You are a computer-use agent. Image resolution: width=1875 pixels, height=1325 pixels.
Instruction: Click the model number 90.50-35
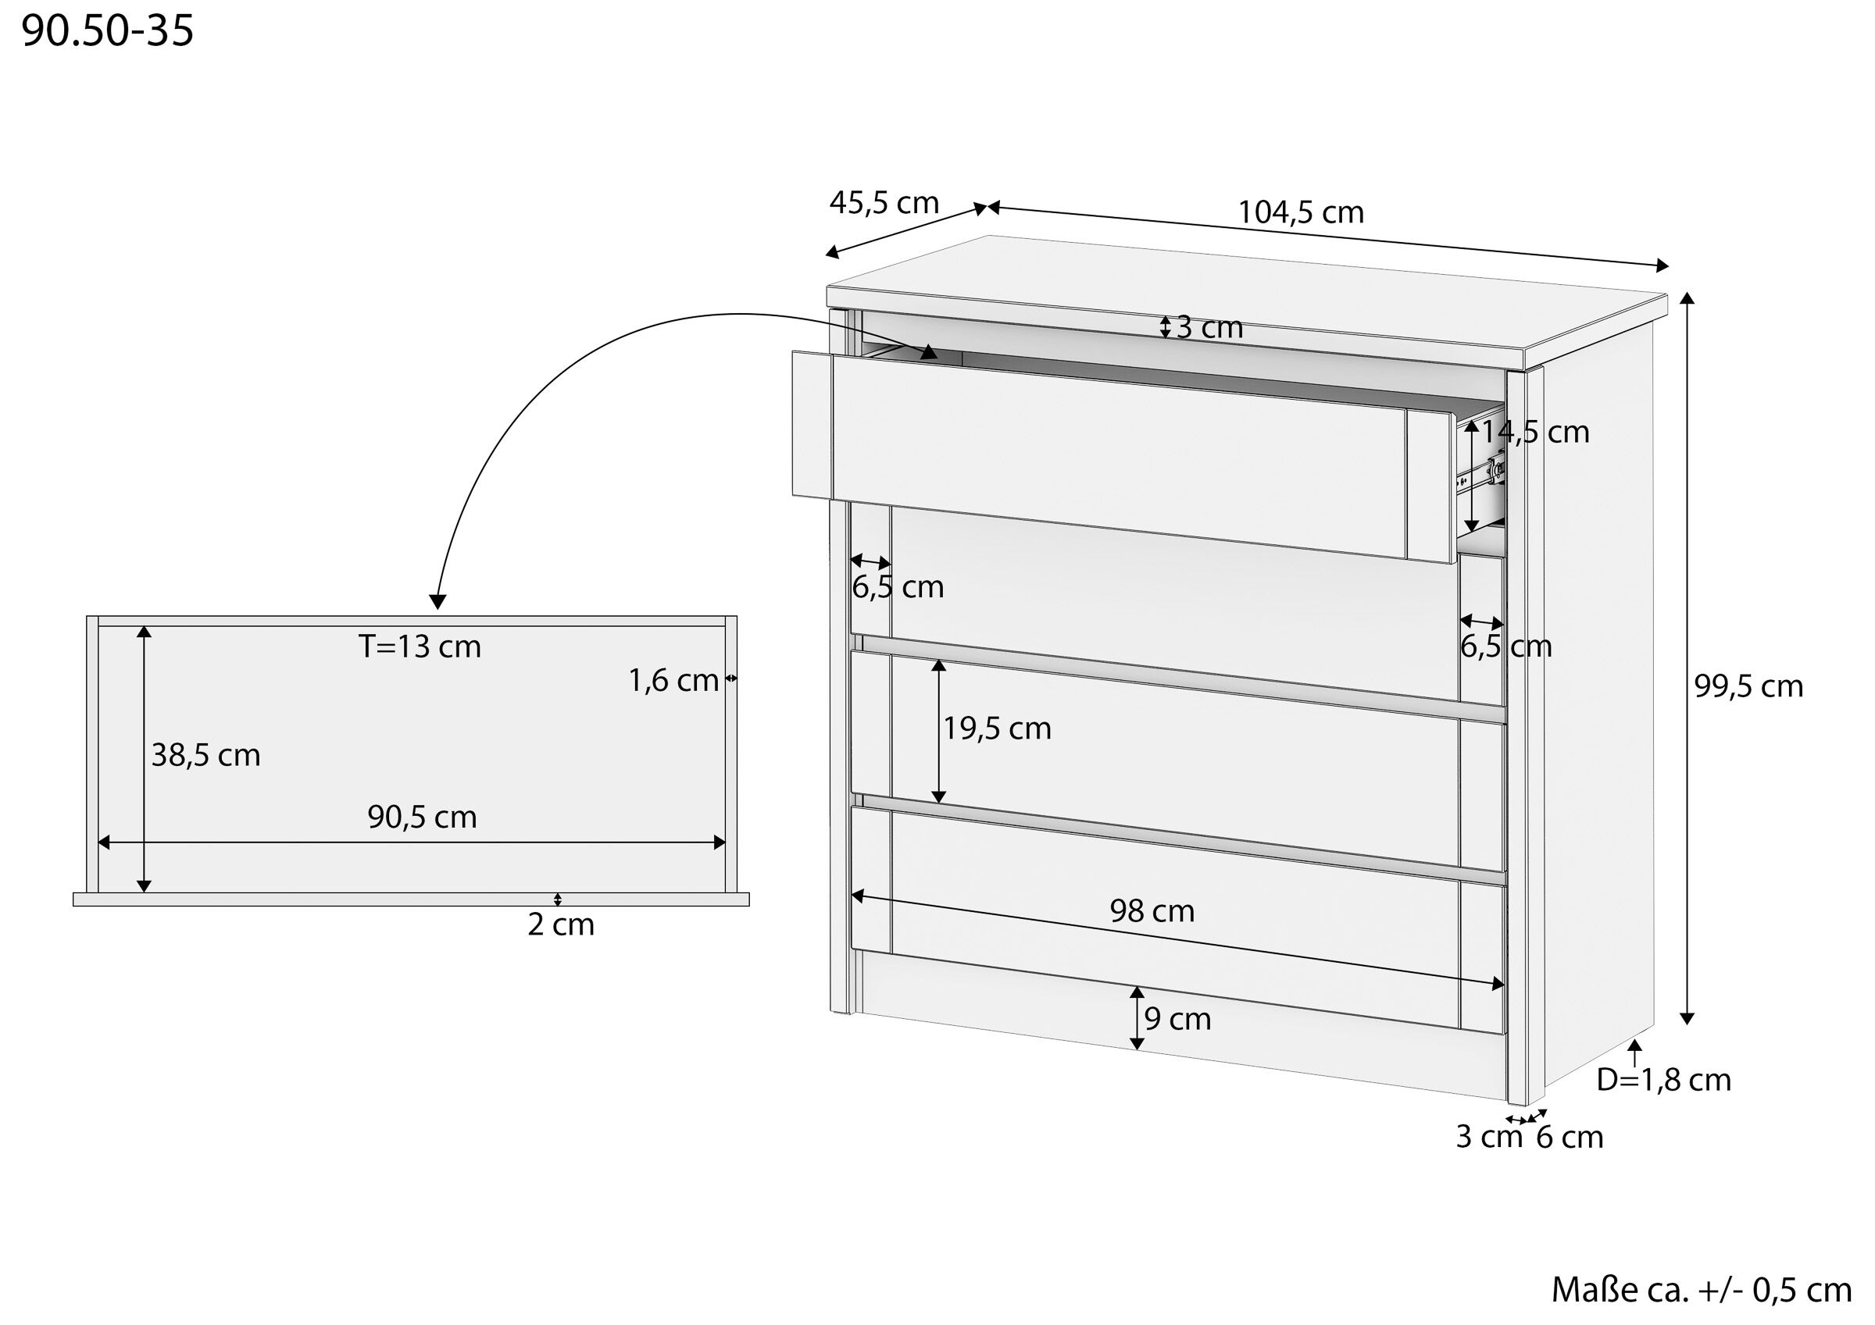(x=108, y=31)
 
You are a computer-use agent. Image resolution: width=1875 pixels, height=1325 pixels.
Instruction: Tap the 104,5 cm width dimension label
(x=1301, y=212)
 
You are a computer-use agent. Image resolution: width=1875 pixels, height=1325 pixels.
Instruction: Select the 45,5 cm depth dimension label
(x=884, y=202)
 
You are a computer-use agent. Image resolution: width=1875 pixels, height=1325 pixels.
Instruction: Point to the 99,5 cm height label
(x=1748, y=686)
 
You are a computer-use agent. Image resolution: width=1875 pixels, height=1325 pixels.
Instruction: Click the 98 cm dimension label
(x=1152, y=910)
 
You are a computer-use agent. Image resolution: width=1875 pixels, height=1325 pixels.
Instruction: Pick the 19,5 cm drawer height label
(x=997, y=728)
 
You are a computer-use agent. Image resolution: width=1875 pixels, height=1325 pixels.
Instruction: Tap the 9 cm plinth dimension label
(x=1177, y=1019)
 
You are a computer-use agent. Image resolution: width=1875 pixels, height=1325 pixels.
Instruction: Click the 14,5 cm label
(x=1535, y=432)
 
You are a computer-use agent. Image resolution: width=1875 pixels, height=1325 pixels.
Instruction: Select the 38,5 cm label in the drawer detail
(x=205, y=755)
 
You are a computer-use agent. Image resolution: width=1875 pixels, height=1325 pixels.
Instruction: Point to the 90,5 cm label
(x=422, y=817)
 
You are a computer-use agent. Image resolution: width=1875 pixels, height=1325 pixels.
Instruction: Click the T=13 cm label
(x=420, y=646)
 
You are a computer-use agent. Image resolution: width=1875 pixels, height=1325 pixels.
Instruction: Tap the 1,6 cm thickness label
(x=673, y=680)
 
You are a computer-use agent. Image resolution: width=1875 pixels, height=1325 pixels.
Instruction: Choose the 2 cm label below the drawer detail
(x=561, y=925)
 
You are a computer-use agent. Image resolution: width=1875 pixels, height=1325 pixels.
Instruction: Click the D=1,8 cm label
(x=1663, y=1080)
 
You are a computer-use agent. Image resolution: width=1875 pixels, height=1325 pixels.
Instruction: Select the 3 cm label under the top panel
(x=1209, y=327)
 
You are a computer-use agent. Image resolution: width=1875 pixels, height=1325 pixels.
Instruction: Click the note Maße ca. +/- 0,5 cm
(x=1702, y=1289)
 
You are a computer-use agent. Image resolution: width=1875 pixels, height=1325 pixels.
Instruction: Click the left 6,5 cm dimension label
(x=898, y=587)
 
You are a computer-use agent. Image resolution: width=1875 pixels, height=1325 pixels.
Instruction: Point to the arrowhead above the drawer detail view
(x=437, y=602)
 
